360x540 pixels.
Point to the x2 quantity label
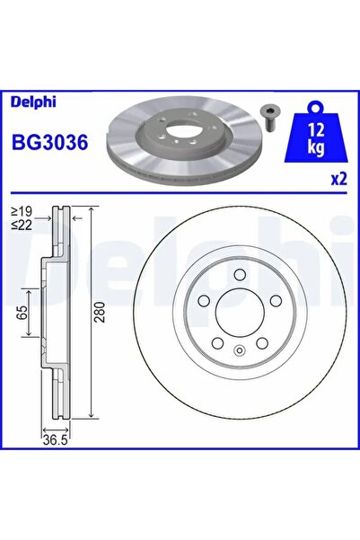(x=338, y=178)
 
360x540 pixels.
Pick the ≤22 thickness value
(x=22, y=226)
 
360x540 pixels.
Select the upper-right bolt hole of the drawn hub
(x=273, y=301)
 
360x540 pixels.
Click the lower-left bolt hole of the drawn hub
(x=216, y=342)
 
